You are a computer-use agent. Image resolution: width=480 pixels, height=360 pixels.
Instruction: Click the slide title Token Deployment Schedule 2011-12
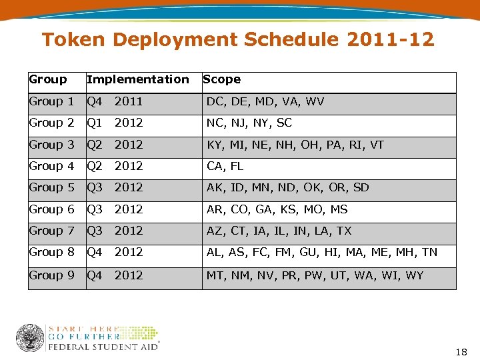238,40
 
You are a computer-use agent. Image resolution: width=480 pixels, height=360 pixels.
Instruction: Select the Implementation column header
137,79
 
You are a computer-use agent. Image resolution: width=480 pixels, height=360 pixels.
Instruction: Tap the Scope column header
221,79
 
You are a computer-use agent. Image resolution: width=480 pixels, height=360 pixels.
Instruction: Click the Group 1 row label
51,101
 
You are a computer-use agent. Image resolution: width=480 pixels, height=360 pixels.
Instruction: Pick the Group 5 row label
51,187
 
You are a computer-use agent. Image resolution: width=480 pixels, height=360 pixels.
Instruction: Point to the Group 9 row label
51,275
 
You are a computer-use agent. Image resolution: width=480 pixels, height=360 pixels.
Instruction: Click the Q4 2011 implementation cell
115,101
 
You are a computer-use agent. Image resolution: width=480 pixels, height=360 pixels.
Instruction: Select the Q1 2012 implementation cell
115,123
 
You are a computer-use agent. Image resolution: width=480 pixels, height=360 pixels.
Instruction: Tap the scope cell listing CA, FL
225,166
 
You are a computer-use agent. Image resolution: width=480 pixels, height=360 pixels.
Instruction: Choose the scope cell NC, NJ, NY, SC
249,123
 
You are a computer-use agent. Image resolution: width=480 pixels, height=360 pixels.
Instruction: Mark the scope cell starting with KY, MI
295,145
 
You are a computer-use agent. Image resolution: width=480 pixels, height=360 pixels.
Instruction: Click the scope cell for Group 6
277,209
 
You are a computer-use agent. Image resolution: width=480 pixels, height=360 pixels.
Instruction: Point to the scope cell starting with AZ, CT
279,231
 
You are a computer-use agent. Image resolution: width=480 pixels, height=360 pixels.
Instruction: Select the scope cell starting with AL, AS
321,252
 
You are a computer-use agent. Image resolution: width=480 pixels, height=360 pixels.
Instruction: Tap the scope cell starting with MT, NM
315,275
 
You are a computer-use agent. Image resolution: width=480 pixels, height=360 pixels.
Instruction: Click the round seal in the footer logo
30,338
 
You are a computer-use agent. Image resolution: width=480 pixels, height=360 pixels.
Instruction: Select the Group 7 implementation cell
115,231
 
